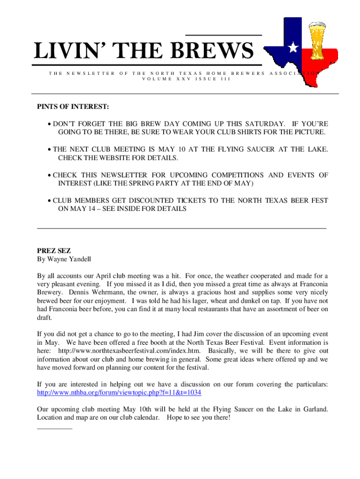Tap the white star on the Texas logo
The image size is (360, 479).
click(x=293, y=47)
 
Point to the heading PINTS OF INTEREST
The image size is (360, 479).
click(x=73, y=108)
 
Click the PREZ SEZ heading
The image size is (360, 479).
click(x=54, y=251)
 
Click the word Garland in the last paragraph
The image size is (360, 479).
click(x=315, y=409)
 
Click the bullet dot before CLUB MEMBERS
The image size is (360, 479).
click(x=49, y=201)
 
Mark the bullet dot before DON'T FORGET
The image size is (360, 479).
click(x=49, y=124)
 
